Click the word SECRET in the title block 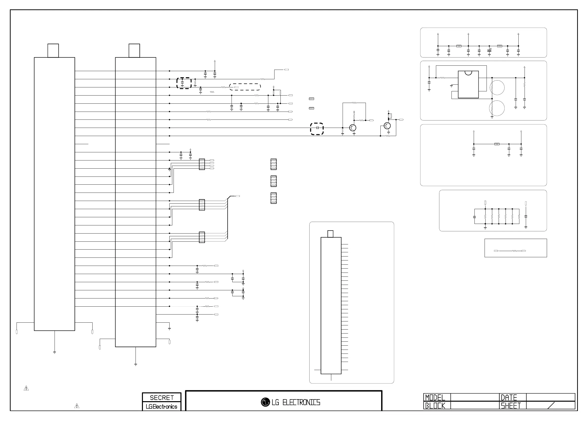(x=161, y=397)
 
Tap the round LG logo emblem (x=265, y=402)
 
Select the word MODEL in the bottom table (x=435, y=397)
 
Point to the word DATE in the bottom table (x=509, y=397)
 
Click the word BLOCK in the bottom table (x=435, y=406)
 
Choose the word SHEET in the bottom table (x=510, y=406)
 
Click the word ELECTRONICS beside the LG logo (x=301, y=402)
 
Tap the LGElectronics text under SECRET (x=161, y=407)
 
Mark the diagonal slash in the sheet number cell (x=551, y=406)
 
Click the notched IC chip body (x=468, y=85)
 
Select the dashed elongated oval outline (x=245, y=87)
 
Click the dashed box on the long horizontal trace (x=317, y=129)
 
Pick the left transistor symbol (x=353, y=128)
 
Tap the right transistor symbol (x=387, y=126)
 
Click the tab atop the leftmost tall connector (x=53, y=50)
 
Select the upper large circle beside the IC (x=497, y=88)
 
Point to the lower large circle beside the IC (x=497, y=108)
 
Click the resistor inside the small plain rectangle (x=514, y=251)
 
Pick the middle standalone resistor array (x=273, y=181)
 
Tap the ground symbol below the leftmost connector (x=54, y=352)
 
